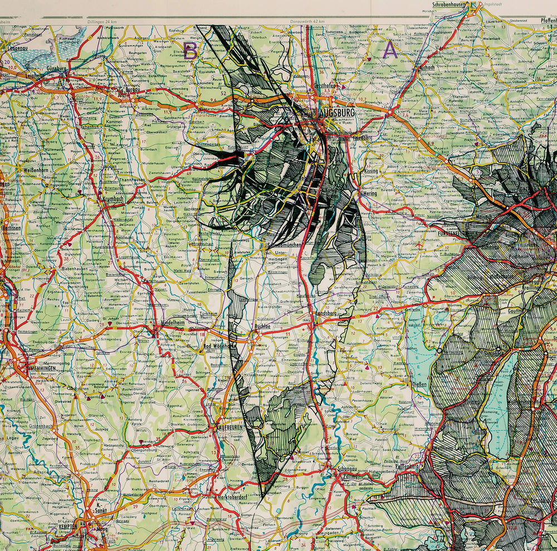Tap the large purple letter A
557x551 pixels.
tap(390, 51)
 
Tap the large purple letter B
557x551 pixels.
tap(190, 51)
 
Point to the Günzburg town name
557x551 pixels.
tap(57, 69)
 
